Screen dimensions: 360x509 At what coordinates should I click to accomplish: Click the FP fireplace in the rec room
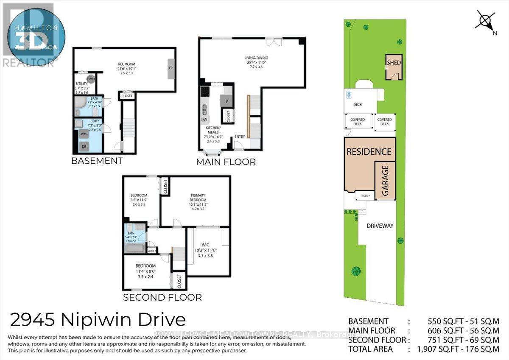point(171,68)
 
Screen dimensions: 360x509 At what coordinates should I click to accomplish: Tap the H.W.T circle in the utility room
point(90,79)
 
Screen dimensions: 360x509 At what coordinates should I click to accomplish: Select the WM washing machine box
point(84,134)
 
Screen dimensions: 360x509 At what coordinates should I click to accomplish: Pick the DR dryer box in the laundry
point(84,146)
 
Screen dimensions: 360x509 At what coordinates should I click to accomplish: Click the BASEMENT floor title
point(97,161)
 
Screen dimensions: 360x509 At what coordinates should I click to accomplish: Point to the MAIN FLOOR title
point(226,162)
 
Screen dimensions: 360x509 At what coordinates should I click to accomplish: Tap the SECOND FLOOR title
point(162,297)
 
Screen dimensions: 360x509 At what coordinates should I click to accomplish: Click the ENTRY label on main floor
point(240,136)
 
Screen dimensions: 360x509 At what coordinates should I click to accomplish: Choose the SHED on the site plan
point(394,67)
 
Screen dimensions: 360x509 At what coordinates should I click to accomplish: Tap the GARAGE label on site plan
point(385,180)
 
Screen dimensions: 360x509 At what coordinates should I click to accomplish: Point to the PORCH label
point(366,196)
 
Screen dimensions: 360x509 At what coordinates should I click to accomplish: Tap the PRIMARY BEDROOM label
point(198,198)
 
